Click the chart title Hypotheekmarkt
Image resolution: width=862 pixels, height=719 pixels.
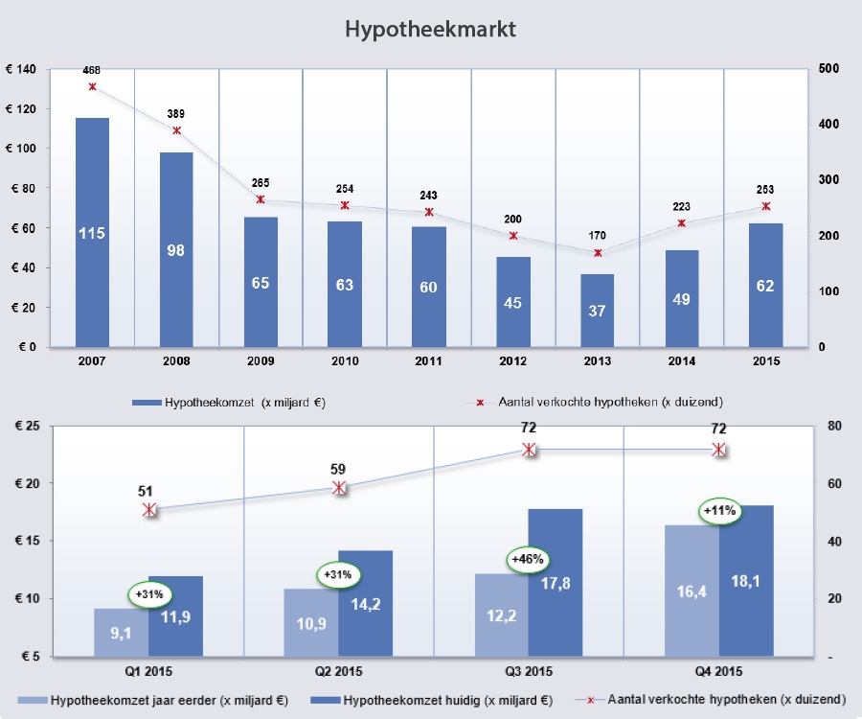point(430,30)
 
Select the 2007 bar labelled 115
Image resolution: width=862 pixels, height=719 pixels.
point(92,232)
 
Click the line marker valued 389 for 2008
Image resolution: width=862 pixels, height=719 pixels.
point(176,130)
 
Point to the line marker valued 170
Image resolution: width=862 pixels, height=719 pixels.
point(598,253)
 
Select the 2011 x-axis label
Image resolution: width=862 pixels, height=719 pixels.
point(429,361)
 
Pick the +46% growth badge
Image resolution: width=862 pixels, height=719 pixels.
point(526,559)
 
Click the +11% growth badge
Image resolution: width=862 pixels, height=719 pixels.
point(719,511)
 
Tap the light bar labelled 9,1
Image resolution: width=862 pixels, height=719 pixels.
point(121,633)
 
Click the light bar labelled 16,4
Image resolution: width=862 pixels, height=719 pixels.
point(692,591)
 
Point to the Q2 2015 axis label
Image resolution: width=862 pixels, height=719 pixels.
point(339,671)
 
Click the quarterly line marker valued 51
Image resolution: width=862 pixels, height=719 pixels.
point(149,510)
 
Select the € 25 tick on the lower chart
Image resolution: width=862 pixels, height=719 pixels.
point(22,427)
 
